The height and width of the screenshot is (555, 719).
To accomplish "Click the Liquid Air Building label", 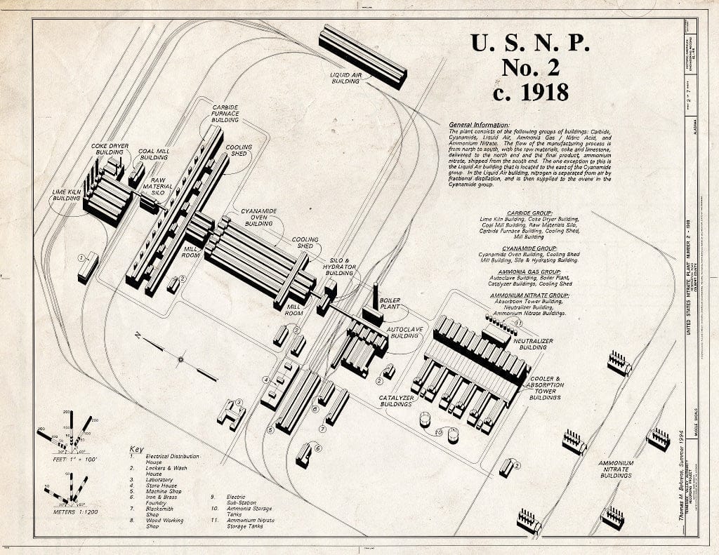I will click(x=345, y=76).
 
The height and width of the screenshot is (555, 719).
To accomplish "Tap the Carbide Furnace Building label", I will click(x=225, y=114).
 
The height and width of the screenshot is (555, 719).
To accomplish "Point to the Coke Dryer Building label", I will click(x=110, y=149).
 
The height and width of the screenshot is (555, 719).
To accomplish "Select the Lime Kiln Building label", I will click(x=66, y=194).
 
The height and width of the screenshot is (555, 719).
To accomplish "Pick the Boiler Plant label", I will click(x=390, y=304).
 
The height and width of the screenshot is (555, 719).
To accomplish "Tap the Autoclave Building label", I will click(x=404, y=331).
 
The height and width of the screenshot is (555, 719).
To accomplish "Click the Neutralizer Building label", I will click(x=533, y=343).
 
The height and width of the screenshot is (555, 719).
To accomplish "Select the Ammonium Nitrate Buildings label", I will click(x=616, y=469).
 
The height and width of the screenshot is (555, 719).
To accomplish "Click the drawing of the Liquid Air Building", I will click(x=362, y=55).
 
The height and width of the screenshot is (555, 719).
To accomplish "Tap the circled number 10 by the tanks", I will click(x=438, y=432).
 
